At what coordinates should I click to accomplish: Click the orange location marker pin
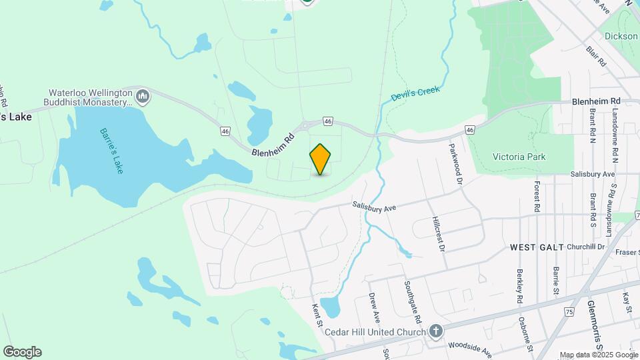[321, 159]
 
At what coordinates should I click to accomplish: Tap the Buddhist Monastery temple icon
[143, 98]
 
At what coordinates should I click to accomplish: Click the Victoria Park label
[519, 157]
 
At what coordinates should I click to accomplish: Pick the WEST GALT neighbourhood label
[533, 247]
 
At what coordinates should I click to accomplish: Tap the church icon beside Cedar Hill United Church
[435, 331]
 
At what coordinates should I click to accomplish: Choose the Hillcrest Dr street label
[439, 233]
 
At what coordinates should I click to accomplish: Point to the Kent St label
[317, 316]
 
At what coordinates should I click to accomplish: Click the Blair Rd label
[596, 55]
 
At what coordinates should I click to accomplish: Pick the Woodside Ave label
[469, 346]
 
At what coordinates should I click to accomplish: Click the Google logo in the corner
[21, 352]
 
